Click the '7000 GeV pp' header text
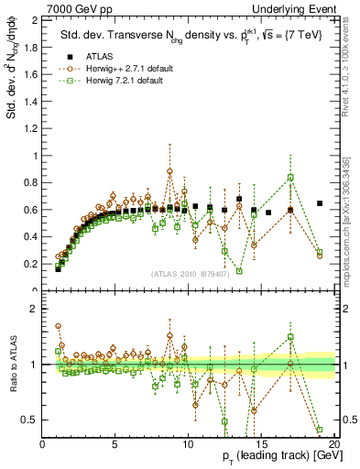point(34,7)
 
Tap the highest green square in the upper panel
point(290,178)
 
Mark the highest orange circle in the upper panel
point(169,171)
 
